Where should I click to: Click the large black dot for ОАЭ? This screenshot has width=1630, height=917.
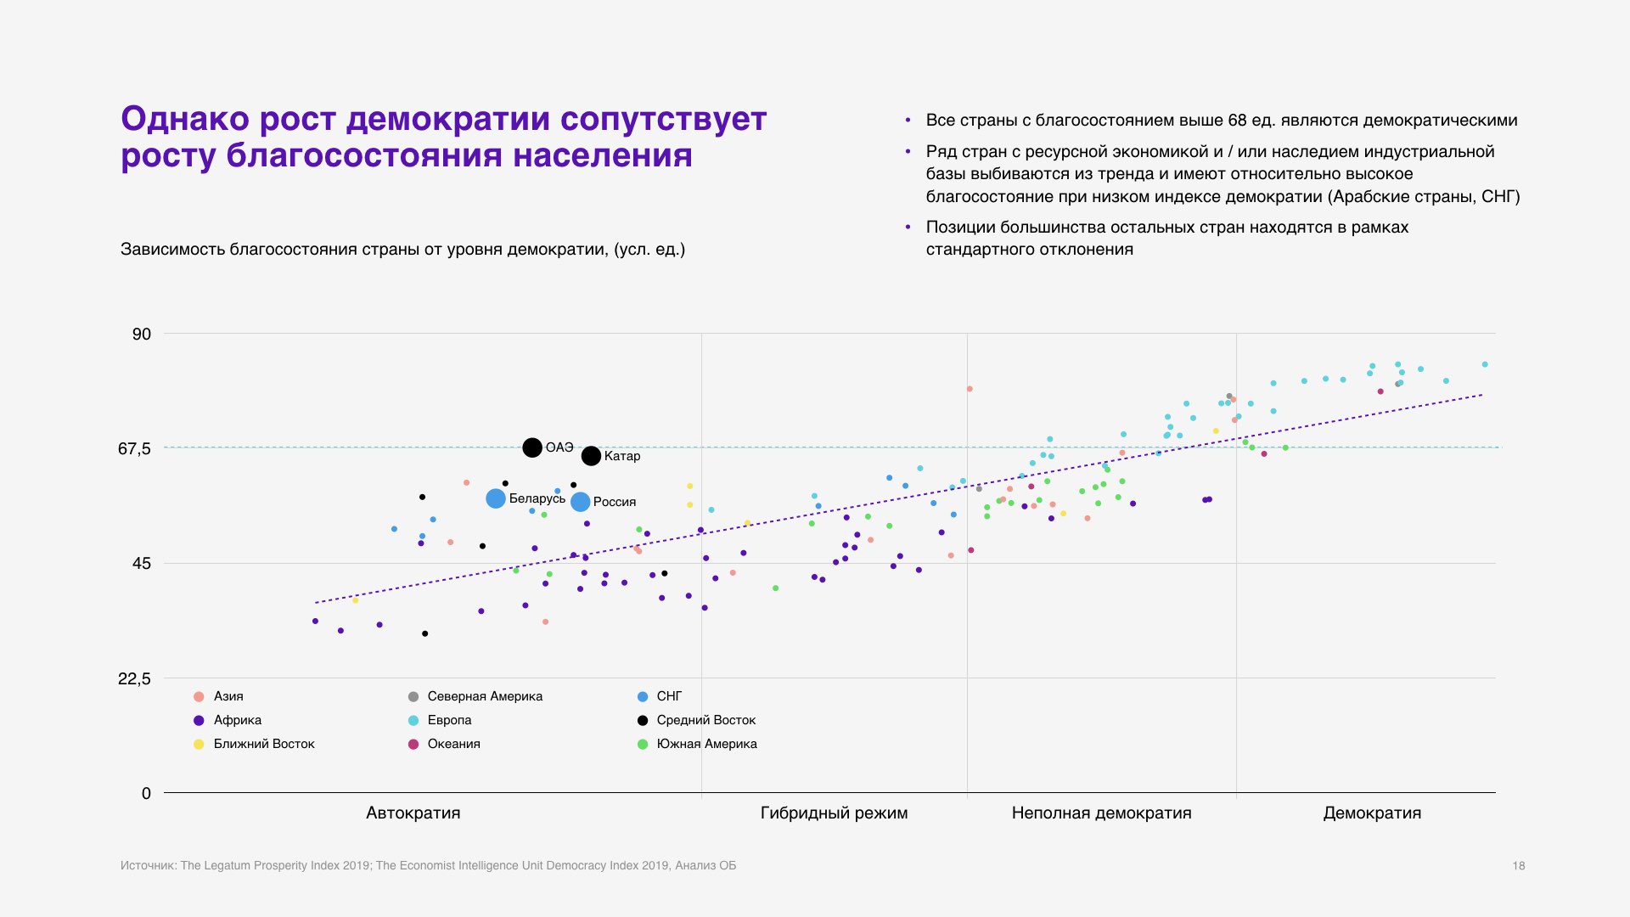(x=532, y=447)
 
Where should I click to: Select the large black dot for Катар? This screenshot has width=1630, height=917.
(x=591, y=456)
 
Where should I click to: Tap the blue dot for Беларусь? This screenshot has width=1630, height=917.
(x=496, y=498)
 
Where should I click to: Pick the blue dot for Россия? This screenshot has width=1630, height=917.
(x=580, y=502)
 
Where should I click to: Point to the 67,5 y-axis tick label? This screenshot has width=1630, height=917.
(x=134, y=448)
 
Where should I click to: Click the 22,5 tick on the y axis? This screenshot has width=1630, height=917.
(x=134, y=678)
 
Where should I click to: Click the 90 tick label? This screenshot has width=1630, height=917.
(x=142, y=334)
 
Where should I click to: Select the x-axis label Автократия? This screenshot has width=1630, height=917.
(x=413, y=813)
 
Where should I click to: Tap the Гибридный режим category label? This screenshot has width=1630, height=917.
(x=834, y=813)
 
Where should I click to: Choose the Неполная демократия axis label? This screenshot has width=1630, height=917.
(x=1101, y=813)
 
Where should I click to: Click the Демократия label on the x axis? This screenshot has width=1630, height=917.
(x=1372, y=813)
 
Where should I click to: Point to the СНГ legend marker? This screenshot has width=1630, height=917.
(x=643, y=696)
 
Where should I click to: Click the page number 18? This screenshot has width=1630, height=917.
(x=1519, y=866)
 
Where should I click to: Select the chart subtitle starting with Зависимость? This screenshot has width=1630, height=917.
(x=402, y=250)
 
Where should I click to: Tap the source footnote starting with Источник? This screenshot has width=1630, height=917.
(x=428, y=866)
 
